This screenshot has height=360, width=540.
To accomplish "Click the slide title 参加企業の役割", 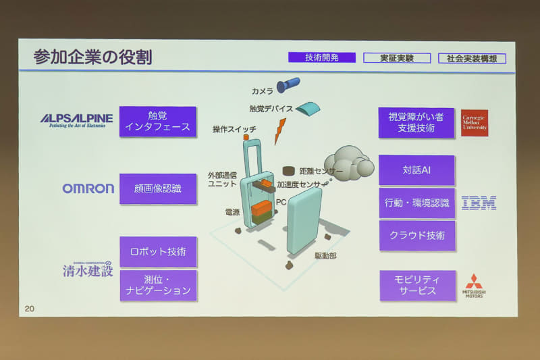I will [92, 57].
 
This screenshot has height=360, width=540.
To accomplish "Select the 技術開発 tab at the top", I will [321, 57].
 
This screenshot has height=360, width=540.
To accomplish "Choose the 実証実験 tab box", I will [396, 58].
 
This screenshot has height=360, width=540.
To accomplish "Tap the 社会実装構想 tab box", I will [471, 58].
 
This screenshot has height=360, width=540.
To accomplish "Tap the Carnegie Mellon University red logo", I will [474, 123].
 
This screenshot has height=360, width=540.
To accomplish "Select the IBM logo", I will [479, 203].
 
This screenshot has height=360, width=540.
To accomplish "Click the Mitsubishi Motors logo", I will [473, 285].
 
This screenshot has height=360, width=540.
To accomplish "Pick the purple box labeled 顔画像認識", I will [158, 188].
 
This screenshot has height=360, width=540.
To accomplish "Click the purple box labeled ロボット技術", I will [158, 251].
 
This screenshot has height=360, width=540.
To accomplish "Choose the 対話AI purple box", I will [416, 170].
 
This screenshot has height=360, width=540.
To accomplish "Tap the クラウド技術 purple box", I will [416, 235].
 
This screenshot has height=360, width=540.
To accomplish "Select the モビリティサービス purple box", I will [416, 285].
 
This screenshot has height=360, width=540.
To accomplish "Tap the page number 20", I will [29, 308].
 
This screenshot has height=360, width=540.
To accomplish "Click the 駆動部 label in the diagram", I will [325, 255].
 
